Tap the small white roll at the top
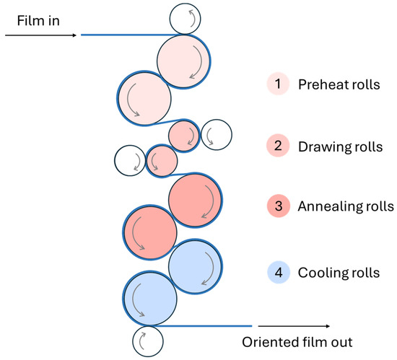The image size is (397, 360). pyautogui.click(x=186, y=17)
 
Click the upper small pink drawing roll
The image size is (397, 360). pyautogui.click(x=184, y=134)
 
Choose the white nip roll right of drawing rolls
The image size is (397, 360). pyautogui.click(x=216, y=134)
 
